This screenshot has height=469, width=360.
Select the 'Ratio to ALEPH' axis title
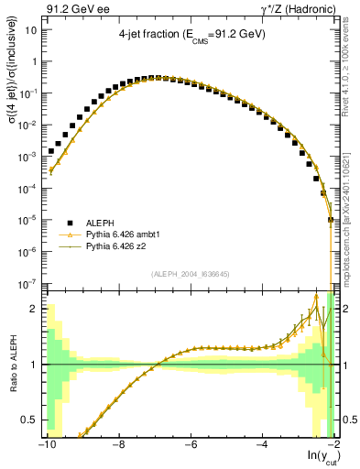coord(12,364)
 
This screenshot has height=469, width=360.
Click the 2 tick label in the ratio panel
coord(35,309)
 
